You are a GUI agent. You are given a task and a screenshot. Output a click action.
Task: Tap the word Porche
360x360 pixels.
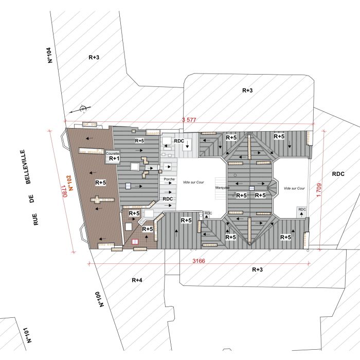point(169,179)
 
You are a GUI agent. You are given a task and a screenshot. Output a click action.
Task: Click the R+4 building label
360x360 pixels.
point(136,280)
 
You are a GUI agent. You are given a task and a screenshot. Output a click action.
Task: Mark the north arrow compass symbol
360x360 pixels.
point(83,109)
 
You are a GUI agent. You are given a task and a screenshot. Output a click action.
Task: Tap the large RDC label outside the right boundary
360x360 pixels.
point(338,174)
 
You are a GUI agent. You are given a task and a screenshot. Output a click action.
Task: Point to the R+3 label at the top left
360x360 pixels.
point(93,58)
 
